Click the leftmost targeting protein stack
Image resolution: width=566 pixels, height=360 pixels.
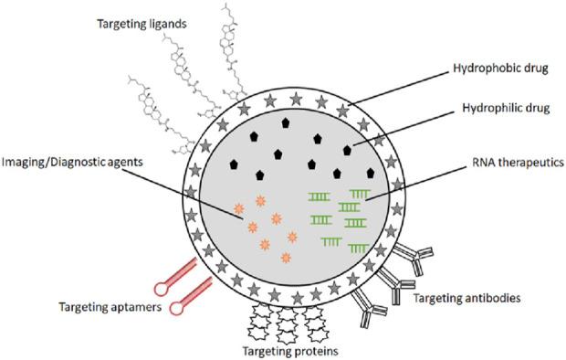pyautogui.click(x=260, y=321)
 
